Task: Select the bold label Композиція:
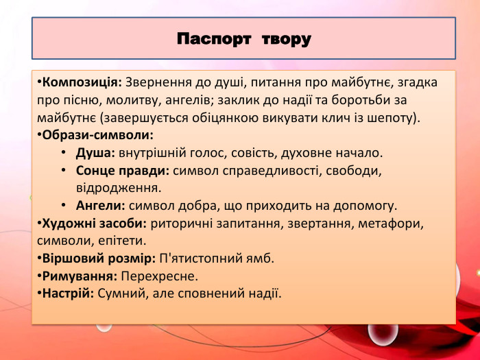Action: tap(82, 82)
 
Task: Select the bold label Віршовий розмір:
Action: tap(99, 259)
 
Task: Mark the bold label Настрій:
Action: tap(69, 293)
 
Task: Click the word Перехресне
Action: tap(158, 276)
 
